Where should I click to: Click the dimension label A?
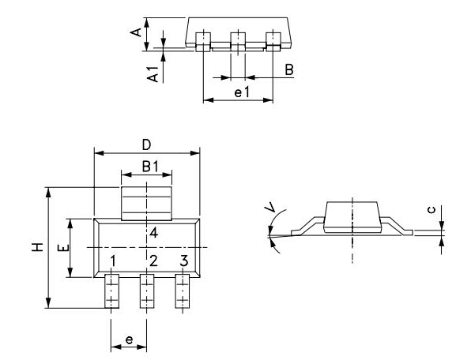tap(137, 32)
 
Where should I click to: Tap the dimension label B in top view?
tap(289, 70)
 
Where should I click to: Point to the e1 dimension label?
tap(242, 92)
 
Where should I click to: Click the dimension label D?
tap(146, 144)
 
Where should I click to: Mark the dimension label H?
tap(36, 248)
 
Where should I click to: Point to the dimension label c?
tap(429, 210)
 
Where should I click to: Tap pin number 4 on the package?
tap(153, 233)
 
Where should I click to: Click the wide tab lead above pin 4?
tap(146, 201)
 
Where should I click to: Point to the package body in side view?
tap(350, 216)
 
